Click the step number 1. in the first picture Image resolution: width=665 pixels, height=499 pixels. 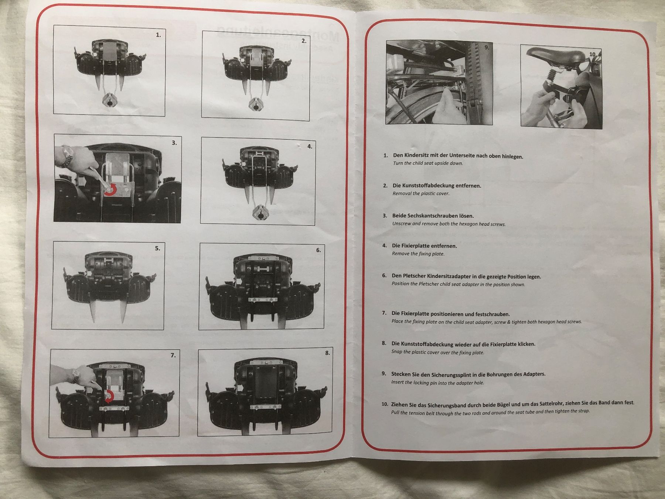pos(158,35)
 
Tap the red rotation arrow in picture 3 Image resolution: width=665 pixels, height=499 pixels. pos(111,190)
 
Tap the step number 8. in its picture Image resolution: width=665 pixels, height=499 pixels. pos(327,353)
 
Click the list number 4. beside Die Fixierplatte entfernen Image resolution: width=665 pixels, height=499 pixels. pos(385,245)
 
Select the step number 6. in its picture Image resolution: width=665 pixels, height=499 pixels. pos(318,250)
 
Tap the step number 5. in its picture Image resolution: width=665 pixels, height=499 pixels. pos(157,248)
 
